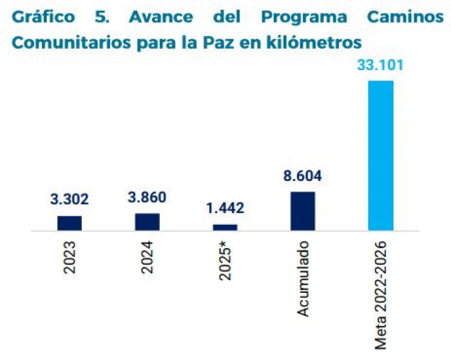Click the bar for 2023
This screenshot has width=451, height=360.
(x=70, y=223)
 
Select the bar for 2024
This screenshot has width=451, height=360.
(x=147, y=222)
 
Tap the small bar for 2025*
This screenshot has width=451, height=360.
(x=225, y=227)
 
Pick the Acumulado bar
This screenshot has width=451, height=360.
(x=303, y=211)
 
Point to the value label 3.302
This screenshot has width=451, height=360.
(x=70, y=200)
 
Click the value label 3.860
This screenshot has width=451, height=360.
(x=147, y=198)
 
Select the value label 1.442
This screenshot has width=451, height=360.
(x=225, y=208)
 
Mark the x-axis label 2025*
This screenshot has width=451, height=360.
(x=225, y=260)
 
